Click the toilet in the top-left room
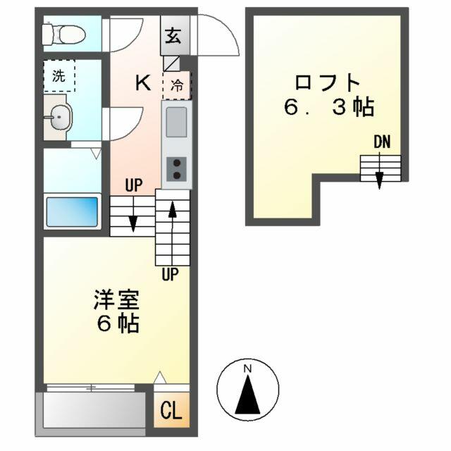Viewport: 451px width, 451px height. [x=64, y=35]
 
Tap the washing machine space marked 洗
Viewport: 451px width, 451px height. [x=59, y=75]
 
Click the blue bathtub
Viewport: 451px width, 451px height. [x=72, y=211]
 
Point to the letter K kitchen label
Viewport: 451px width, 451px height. [x=143, y=82]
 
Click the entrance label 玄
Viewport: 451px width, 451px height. [x=173, y=36]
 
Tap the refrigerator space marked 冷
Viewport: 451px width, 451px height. [x=177, y=85]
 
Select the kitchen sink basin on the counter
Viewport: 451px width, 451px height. [x=176, y=122]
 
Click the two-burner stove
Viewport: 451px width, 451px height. [x=176, y=169]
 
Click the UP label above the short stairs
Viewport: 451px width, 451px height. [x=134, y=185]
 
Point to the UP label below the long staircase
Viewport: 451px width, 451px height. [x=170, y=274]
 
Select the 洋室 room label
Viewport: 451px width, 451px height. [x=116, y=299]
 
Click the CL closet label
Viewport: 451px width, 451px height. [x=171, y=410]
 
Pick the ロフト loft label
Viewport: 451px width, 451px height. [x=328, y=82]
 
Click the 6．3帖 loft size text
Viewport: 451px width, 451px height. [x=329, y=106]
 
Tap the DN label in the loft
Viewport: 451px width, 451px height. [x=382, y=142]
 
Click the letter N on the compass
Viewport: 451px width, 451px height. [x=247, y=369]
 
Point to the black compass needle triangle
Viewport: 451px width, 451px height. [x=247, y=395]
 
